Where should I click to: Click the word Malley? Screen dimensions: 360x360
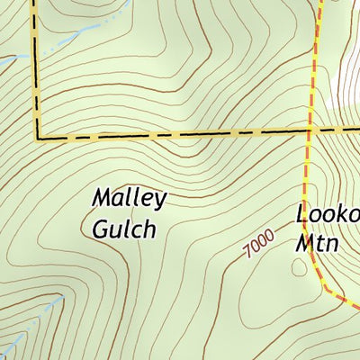tap(130, 199)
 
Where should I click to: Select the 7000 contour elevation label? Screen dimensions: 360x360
tap(258, 244)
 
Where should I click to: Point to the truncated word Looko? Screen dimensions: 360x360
tap(328, 215)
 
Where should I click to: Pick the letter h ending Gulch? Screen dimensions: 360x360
tap(148, 228)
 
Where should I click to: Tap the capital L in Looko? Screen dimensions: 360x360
tap(302, 215)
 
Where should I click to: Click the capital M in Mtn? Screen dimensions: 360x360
tap(305, 242)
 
